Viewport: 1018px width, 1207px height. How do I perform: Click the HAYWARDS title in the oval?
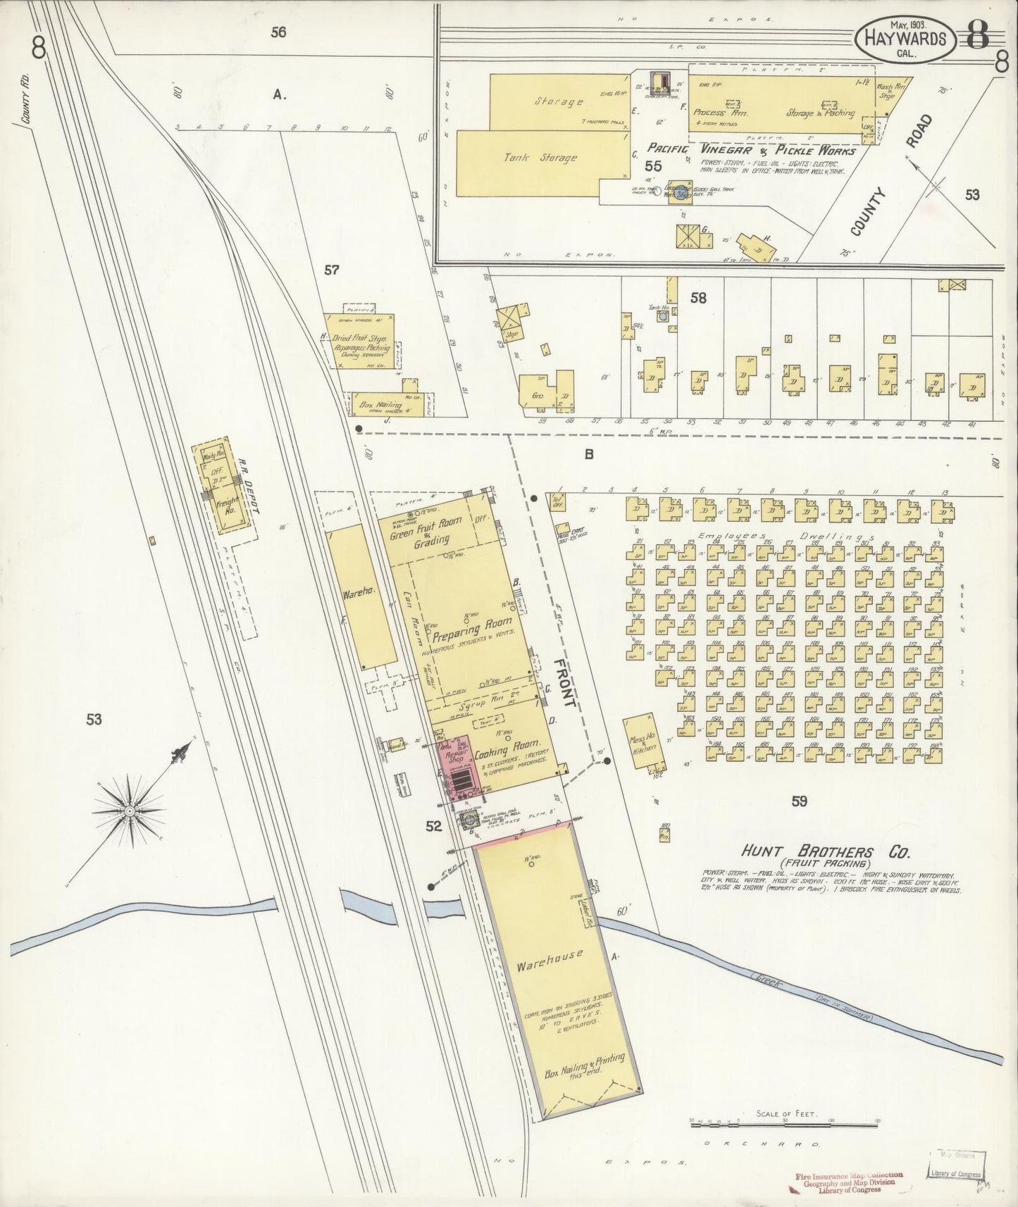click(905, 39)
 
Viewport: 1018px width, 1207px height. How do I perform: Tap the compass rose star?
click(130, 813)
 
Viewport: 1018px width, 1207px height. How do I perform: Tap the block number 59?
click(798, 801)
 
